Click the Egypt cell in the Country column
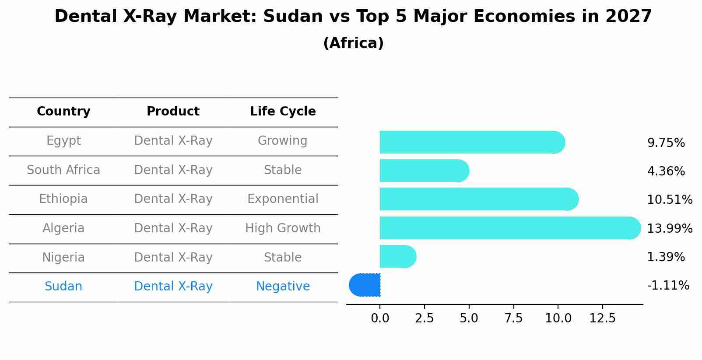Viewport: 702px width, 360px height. tap(63, 141)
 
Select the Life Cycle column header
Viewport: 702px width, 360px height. tap(283, 112)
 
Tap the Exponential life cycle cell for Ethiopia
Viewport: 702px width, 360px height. tap(283, 199)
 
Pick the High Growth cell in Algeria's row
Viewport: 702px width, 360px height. tap(283, 228)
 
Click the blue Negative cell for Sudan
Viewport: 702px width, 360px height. tap(283, 287)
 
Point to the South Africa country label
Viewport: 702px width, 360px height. tap(63, 170)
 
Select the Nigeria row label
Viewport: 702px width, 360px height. tap(63, 258)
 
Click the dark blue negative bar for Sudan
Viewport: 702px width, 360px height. tap(365, 285)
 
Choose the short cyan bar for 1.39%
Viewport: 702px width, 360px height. tap(397, 256)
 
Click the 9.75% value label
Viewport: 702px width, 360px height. tap(666, 143)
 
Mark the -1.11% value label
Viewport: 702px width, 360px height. tap(668, 286)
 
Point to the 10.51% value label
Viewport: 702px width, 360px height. tap(670, 200)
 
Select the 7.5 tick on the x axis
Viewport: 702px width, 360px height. tap(513, 318)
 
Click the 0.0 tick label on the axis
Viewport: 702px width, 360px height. tap(380, 318)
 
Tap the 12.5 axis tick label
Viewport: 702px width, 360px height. tap(602, 318)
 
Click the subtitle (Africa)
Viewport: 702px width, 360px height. tap(353, 43)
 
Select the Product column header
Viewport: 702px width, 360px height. tap(173, 112)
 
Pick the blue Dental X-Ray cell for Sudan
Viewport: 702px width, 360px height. tap(173, 287)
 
